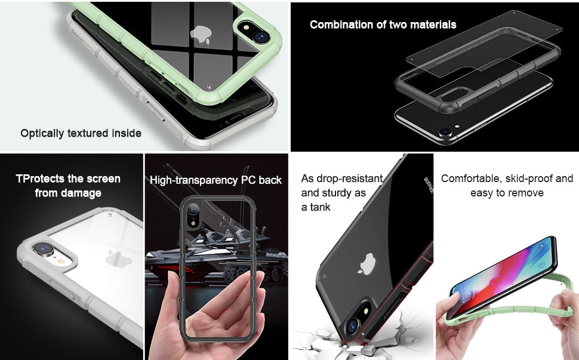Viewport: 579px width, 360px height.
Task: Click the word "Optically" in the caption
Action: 42,133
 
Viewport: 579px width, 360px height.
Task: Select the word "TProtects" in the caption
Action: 40,179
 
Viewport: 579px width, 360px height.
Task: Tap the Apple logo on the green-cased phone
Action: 201,35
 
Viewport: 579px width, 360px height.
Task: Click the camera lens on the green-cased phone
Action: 261,36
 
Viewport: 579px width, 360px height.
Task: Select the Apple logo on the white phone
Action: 119,259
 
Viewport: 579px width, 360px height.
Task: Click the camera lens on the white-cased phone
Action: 44,248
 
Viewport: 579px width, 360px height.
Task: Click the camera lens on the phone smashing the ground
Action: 352,325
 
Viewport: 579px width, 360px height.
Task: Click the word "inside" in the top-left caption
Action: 127,133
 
